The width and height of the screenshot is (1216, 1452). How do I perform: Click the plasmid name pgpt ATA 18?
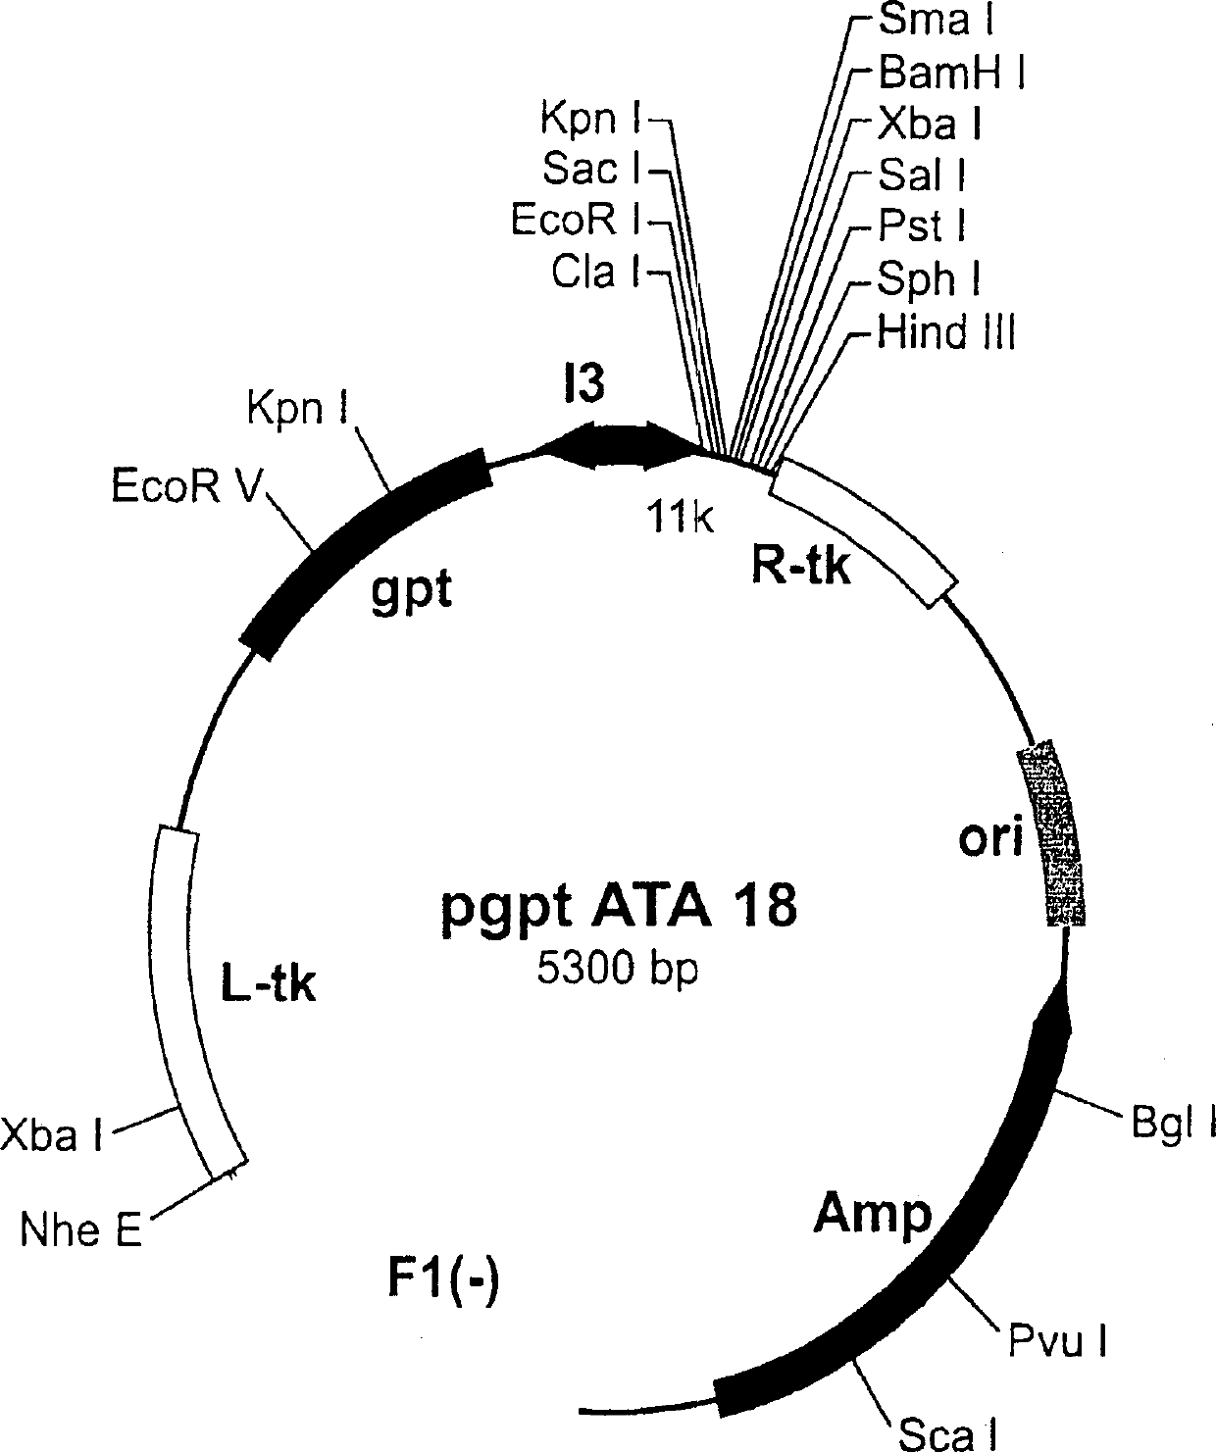pyautogui.click(x=617, y=908)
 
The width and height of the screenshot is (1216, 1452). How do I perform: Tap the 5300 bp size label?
pyautogui.click(x=617, y=970)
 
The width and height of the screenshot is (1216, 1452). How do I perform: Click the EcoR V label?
pyautogui.click(x=184, y=487)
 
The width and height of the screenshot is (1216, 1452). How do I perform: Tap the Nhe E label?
pyautogui.click(x=81, y=1230)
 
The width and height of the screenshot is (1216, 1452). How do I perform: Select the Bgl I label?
pyautogui.click(x=1173, y=1124)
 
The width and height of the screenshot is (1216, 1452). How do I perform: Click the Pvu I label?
pyautogui.click(x=1059, y=1339)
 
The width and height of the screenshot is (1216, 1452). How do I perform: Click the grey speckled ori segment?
pyautogui.click(x=1054, y=833)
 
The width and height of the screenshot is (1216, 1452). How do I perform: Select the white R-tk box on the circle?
pyautogui.click(x=863, y=534)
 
